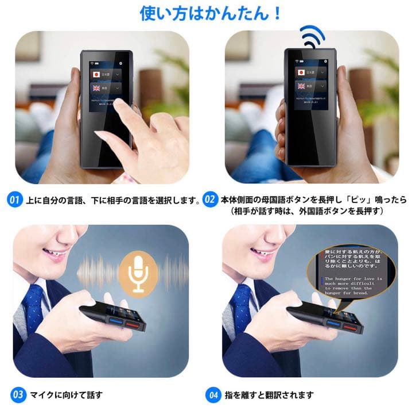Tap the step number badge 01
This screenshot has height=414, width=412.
tap(15, 201)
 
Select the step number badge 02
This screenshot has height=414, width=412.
tap(211, 201)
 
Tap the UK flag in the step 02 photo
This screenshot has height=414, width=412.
tap(301, 86)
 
